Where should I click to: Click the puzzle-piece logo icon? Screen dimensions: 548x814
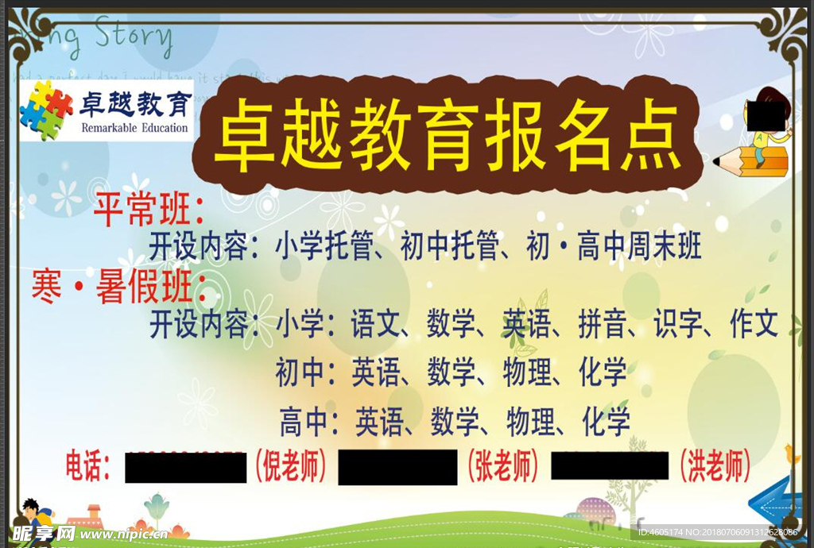point(45,110)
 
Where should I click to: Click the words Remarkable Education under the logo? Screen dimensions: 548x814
point(134,128)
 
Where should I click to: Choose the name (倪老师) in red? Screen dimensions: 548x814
point(291,466)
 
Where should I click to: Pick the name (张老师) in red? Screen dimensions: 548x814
point(502,466)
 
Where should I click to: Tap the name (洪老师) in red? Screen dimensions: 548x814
point(715,466)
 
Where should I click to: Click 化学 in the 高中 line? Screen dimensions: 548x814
point(606,421)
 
